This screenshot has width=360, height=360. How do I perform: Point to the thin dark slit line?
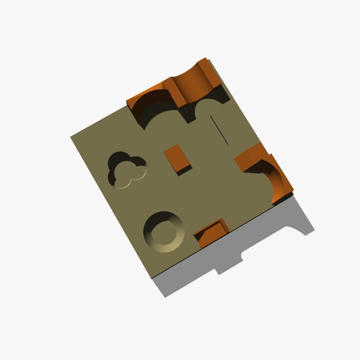(x=220, y=130)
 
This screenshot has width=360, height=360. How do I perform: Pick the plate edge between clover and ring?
(x=108, y=204)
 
